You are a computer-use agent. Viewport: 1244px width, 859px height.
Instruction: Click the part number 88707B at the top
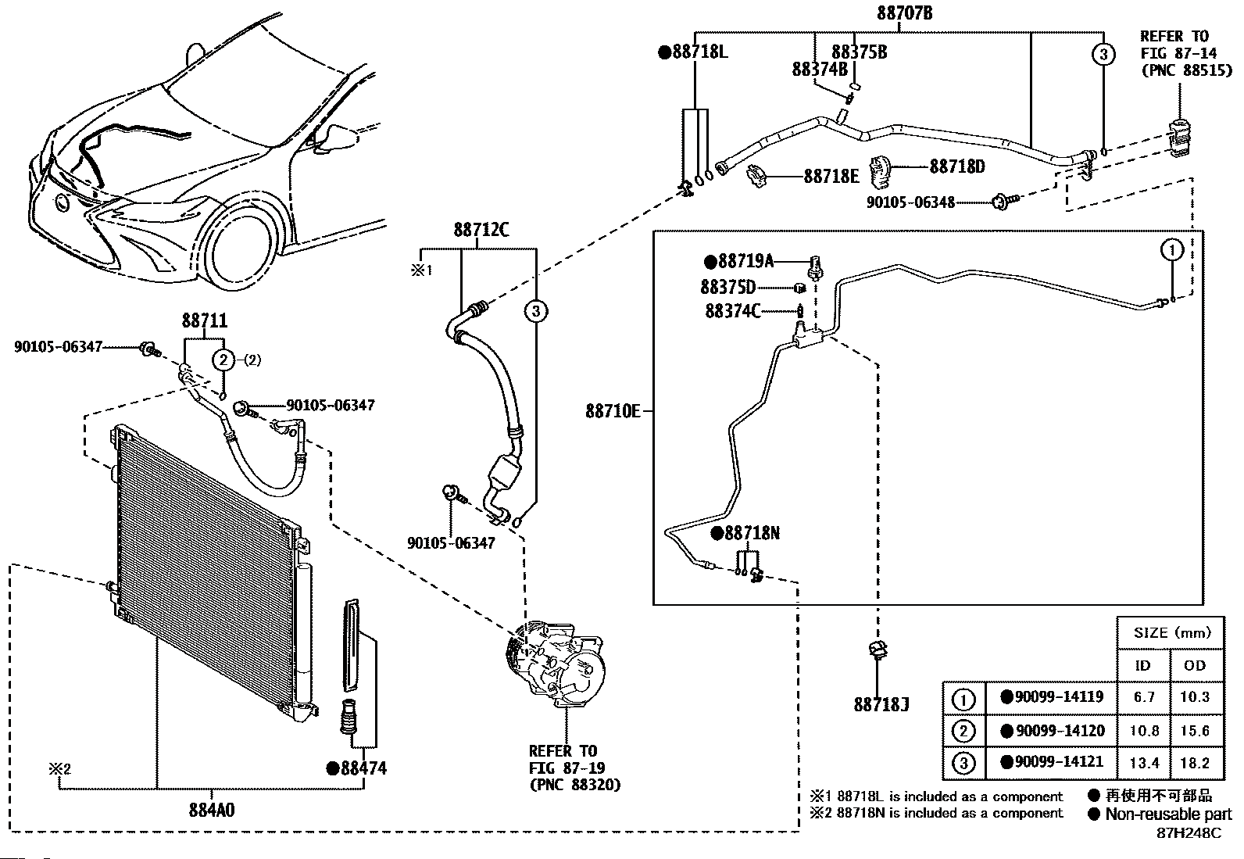pos(905,13)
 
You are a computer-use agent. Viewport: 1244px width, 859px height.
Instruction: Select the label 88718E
pos(831,177)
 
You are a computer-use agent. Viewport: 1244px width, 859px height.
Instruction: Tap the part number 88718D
pos(957,166)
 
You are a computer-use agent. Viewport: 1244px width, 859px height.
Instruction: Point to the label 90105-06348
pos(911,202)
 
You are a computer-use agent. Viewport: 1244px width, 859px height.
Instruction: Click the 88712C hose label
pos(481,230)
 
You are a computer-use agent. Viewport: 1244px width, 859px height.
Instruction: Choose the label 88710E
pos(613,411)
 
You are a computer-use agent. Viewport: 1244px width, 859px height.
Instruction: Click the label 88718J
pos(881,704)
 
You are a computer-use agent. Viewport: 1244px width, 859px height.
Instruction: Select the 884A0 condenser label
pos(212,810)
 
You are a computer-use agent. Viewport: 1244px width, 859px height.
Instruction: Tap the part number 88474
pos(357,768)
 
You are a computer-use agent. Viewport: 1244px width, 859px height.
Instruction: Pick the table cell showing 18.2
pos(1195,763)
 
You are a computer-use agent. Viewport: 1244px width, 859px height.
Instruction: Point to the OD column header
pos(1195,665)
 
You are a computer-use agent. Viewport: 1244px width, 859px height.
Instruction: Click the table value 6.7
pos(1144,696)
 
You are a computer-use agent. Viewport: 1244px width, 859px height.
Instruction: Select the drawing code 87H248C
pos(1189,833)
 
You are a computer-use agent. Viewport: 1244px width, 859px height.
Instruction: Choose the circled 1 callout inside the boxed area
pos(1172,250)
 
